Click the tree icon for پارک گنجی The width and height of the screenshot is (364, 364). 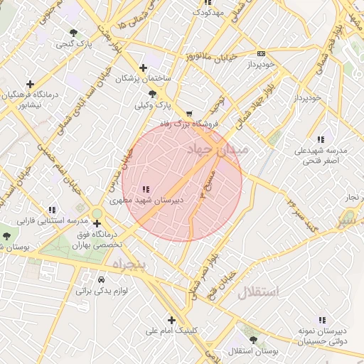coord(75,33)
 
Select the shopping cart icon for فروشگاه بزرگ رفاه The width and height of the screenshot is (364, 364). coord(188,113)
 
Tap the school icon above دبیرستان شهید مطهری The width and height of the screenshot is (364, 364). coord(146,189)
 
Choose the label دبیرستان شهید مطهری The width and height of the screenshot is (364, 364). coord(146,200)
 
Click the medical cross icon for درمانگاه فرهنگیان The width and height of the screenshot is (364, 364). coord(29,83)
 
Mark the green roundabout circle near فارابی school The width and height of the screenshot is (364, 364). coord(97,213)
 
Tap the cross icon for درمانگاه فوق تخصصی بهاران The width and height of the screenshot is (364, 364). coord(97,223)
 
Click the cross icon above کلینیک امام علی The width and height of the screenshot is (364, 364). coord(171,319)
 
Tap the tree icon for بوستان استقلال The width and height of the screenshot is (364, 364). coord(254,341)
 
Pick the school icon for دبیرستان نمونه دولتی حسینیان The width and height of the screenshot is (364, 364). coord(322,320)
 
